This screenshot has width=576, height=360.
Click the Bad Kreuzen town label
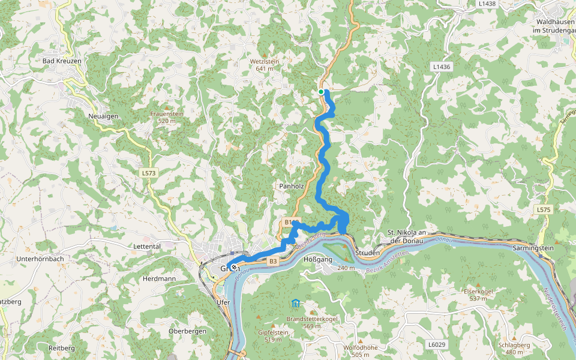pyautogui.click(x=62, y=61)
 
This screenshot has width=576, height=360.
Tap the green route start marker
pyautogui.click(x=322, y=92)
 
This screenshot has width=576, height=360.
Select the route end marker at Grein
pyautogui.click(x=233, y=268)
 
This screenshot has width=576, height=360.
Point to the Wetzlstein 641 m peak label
pyautogui.click(x=265, y=65)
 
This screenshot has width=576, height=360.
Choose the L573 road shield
pyautogui.click(x=149, y=173)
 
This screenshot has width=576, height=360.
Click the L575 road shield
pyautogui.click(x=544, y=209)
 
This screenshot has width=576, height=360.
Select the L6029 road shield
pyautogui.click(x=437, y=344)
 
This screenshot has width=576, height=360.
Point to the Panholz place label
pyautogui.click(x=292, y=187)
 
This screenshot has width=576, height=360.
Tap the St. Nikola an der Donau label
pyautogui.click(x=407, y=236)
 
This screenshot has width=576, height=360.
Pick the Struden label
pyautogui.click(x=368, y=253)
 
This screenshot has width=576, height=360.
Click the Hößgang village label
pyautogui.click(x=319, y=260)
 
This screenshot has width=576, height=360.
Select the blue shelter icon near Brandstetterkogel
pyautogui.click(x=296, y=303)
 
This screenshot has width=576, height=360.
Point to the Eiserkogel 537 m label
pyautogui.click(x=478, y=295)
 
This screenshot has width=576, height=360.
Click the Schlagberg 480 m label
pyautogui.click(x=514, y=349)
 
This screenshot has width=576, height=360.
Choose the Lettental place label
pyautogui.click(x=147, y=246)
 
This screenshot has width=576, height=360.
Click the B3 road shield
pyautogui.click(x=273, y=261)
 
